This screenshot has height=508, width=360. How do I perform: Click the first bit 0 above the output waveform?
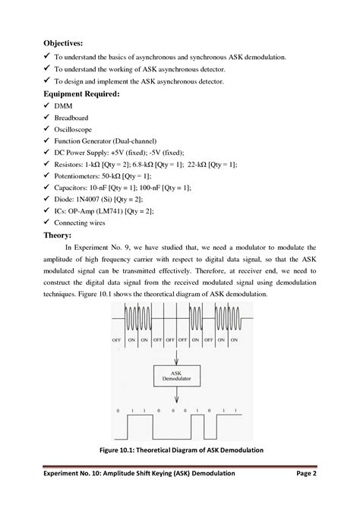119,409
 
